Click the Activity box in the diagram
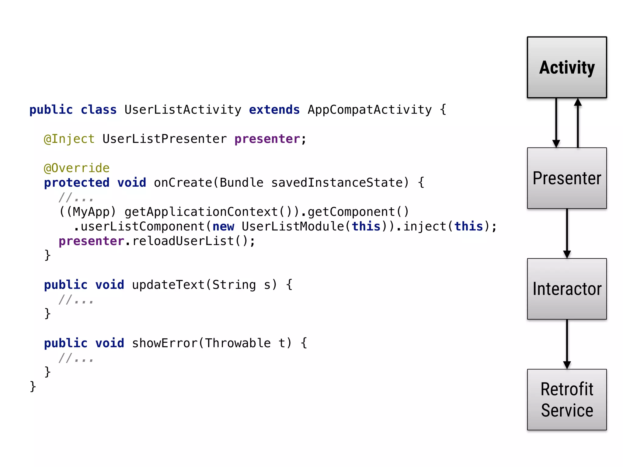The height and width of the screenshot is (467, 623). click(x=567, y=67)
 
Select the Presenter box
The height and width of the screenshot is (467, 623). click(x=567, y=178)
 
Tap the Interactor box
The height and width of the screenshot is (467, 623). click(x=567, y=289)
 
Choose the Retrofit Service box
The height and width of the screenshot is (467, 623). click(x=567, y=400)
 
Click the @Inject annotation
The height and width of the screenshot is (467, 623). click(x=69, y=139)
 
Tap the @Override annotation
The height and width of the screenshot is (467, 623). click(x=77, y=168)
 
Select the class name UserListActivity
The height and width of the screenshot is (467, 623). click(x=183, y=110)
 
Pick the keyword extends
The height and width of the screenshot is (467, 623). click(x=274, y=110)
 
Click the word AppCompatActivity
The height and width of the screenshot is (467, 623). click(x=370, y=110)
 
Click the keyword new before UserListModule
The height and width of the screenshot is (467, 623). click(x=223, y=227)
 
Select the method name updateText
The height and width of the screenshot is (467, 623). click(x=168, y=285)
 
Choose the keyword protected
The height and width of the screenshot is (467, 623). click(x=77, y=183)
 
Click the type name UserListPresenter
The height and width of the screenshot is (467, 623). click(x=165, y=139)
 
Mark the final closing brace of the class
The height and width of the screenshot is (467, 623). click(x=33, y=387)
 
